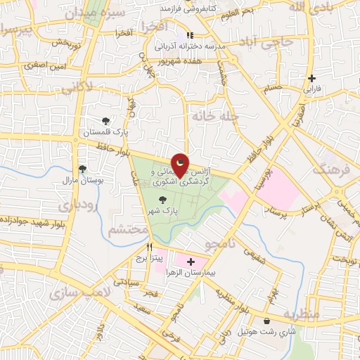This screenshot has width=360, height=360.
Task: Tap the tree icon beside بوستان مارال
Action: click(x=83, y=169)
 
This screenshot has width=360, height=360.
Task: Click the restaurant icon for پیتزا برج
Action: click(x=149, y=247)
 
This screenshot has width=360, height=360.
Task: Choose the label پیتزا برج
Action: click(x=149, y=258)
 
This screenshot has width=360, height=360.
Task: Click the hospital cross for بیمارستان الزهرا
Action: click(x=191, y=262)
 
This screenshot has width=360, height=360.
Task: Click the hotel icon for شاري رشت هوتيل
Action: click(x=266, y=321)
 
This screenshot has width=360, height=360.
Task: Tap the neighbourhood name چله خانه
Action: click(x=214, y=115)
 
